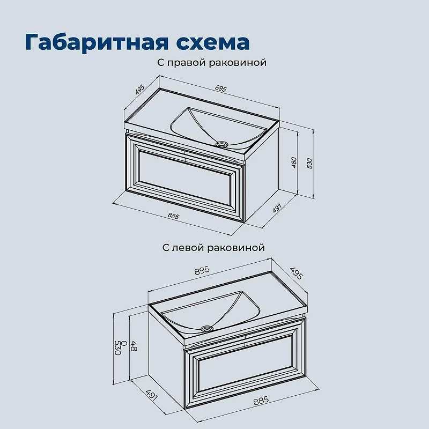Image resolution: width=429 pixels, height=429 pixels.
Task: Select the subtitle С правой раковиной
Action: (212, 63)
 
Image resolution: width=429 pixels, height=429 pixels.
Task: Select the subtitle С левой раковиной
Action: (213, 248)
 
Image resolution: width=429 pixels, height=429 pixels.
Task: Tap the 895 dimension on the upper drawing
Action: (220, 88)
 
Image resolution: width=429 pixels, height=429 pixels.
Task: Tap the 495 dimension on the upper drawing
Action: (139, 90)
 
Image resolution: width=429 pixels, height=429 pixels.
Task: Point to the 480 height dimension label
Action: (294, 162)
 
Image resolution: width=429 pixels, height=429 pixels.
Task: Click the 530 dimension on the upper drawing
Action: (310, 164)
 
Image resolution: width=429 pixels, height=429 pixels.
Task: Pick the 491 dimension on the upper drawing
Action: (277, 209)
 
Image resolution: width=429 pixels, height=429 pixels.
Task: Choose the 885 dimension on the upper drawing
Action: (173, 216)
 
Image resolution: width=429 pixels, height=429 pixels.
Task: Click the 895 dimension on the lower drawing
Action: (202, 271)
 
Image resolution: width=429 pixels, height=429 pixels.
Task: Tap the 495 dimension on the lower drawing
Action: (297, 273)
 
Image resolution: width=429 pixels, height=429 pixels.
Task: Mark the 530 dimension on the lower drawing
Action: (117, 347)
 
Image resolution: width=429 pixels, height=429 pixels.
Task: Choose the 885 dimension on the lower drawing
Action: (261, 401)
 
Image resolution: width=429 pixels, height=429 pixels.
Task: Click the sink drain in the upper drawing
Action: (221, 144)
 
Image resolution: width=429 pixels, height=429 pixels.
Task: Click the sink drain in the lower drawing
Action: (207, 329)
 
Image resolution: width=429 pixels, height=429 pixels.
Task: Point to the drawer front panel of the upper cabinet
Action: (184, 177)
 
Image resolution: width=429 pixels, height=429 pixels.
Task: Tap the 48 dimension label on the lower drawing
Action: (134, 345)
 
